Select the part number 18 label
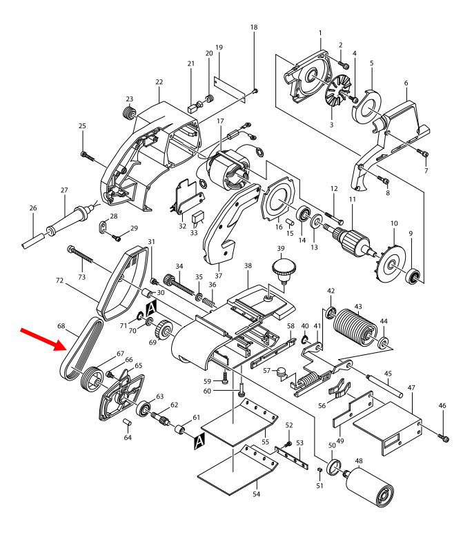point(253,27)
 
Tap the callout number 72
point(59,282)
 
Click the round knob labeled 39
point(281,267)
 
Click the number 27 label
point(64,190)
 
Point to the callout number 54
point(257,494)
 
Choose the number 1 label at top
point(320,32)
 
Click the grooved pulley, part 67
point(92,379)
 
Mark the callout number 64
point(127,437)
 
